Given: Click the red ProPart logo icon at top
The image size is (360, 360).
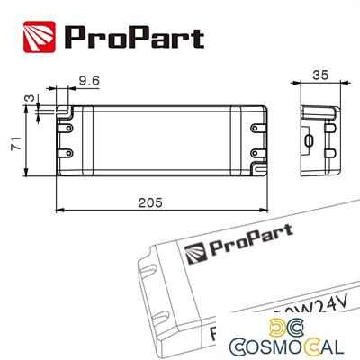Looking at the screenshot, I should (37, 37).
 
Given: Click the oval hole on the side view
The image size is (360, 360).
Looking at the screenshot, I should (309, 140).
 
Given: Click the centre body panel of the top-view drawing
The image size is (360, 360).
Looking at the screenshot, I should (162, 139).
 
